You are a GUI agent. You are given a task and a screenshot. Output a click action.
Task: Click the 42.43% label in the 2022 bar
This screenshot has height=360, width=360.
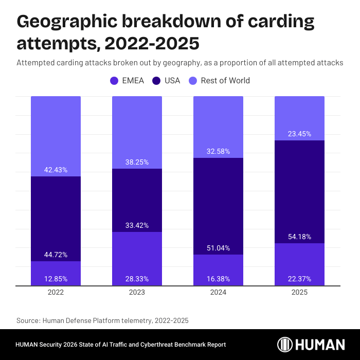[56, 170]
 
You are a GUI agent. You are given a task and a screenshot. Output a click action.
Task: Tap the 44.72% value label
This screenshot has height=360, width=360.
[56, 255]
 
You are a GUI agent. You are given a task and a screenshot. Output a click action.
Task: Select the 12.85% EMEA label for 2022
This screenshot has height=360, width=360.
[56, 279]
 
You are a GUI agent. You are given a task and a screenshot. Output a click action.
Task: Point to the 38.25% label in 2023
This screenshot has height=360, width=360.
[137, 162]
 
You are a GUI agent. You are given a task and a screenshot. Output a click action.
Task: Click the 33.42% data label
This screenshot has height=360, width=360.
[137, 225]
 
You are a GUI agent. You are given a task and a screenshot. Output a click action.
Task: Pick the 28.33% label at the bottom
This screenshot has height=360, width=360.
[137, 279]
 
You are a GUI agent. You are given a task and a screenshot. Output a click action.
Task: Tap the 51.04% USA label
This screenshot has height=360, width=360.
[219, 247]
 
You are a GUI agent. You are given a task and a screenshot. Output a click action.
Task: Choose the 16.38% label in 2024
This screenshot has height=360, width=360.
[219, 279]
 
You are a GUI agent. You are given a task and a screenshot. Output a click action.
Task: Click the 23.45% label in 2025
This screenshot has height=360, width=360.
[299, 134]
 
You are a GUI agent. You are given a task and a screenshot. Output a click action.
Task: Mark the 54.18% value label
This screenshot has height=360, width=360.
[299, 237]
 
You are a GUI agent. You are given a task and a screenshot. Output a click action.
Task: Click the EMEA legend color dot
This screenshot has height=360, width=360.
[114, 81]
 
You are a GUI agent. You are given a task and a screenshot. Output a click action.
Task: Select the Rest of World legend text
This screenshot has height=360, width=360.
[225, 81]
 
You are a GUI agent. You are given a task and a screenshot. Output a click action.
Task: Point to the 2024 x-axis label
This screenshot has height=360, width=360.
[219, 292]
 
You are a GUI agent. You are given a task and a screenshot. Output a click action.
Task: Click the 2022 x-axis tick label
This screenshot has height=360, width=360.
[56, 292]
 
